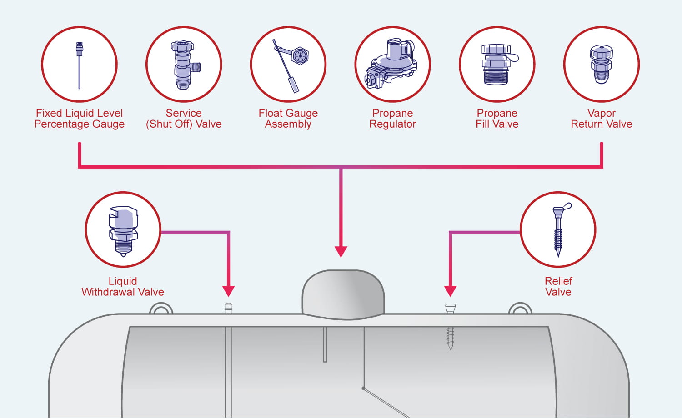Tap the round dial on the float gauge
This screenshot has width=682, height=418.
300,56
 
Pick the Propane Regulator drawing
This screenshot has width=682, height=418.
392,64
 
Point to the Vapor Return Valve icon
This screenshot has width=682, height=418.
601,64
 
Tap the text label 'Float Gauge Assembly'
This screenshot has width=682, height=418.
288,119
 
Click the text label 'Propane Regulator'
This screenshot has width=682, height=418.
392,119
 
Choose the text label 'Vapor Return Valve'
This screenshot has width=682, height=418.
601,119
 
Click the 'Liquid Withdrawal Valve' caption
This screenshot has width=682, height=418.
123,287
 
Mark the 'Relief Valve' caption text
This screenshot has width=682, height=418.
558,287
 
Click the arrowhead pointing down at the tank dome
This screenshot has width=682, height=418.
341,251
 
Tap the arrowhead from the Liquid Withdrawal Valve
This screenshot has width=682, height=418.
228,291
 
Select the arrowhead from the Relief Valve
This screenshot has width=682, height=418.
450,291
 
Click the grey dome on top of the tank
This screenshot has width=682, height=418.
343,293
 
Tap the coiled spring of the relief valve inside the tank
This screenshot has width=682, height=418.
450,337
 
